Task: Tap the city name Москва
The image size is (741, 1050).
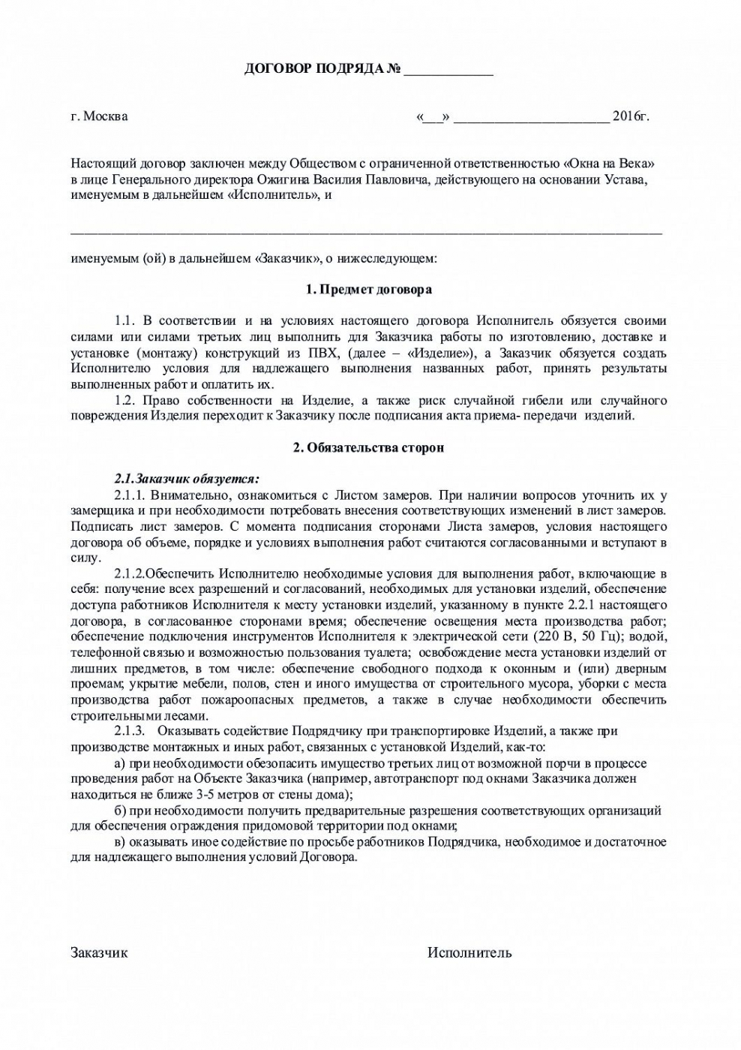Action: click(x=105, y=116)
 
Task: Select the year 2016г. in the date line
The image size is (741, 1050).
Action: click(x=630, y=116)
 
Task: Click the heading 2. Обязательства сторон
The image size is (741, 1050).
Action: click(x=368, y=447)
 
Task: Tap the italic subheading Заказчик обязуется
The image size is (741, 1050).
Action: click(x=187, y=479)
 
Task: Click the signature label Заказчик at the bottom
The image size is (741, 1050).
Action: click(x=99, y=952)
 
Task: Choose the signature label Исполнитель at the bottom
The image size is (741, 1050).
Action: click(x=469, y=952)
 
